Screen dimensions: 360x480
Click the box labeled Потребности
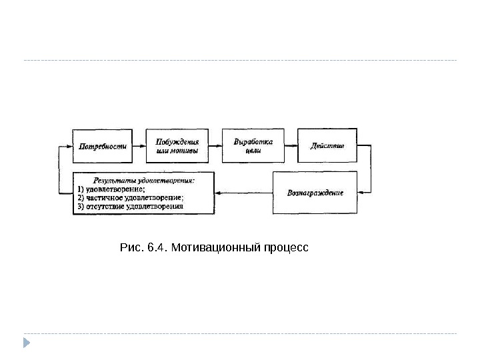[x=101, y=146]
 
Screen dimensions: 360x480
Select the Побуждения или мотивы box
[x=176, y=146]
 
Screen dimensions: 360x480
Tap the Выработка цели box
[x=252, y=146]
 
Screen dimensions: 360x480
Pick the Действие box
[x=327, y=146]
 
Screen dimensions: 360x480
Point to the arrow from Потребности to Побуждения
[x=139, y=146]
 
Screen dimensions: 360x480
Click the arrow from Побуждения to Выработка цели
[x=214, y=146]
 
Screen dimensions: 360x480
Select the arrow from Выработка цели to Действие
[x=289, y=146]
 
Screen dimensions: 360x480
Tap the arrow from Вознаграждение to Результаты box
[x=244, y=194]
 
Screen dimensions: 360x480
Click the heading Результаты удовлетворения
[x=143, y=180]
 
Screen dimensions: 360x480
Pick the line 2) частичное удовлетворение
[x=130, y=198]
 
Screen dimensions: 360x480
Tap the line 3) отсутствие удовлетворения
[x=130, y=207]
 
